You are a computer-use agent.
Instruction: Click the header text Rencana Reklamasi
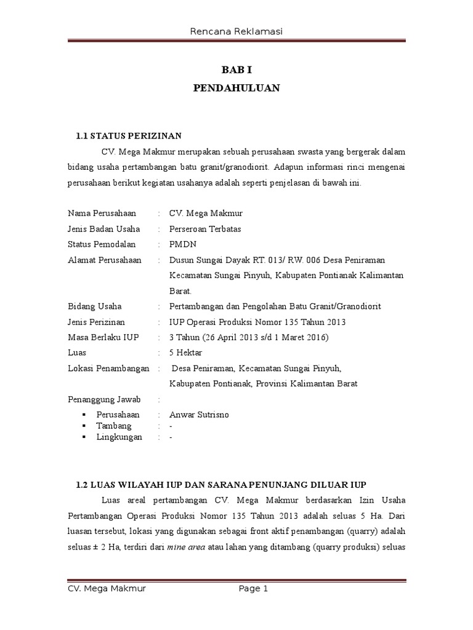tap(236, 31)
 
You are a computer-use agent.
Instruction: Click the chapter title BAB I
tap(236, 70)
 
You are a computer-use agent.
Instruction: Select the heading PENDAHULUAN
tap(236, 89)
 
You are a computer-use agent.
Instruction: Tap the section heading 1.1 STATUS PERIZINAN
tap(128, 136)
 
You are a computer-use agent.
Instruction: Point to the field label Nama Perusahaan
tap(102, 213)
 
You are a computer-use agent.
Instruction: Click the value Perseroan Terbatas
tap(205, 229)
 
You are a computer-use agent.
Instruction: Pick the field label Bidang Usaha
tap(94, 306)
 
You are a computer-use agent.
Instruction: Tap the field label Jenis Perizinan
tap(96, 322)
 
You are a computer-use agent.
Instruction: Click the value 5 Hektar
tap(185, 353)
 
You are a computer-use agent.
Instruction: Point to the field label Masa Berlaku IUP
tap(103, 337)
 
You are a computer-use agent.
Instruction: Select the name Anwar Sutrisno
tap(199, 415)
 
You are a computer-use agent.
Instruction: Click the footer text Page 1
tap(254, 589)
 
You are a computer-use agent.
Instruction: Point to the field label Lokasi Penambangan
tap(108, 368)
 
